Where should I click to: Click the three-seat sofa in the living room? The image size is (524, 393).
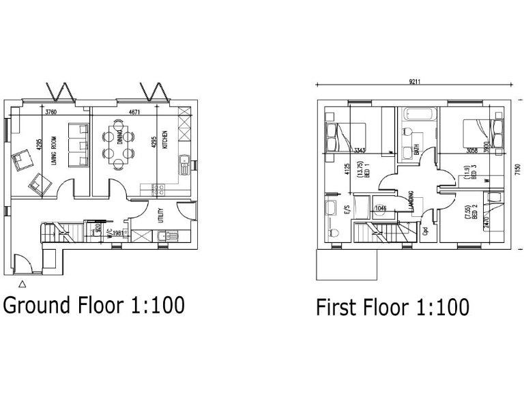pyautogui.click(x=79, y=145)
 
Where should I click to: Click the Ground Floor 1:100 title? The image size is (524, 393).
pyautogui.click(x=94, y=304)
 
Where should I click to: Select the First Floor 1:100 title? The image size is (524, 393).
pyautogui.click(x=392, y=307)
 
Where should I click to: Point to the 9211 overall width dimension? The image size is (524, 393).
pyautogui.click(x=414, y=82)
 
